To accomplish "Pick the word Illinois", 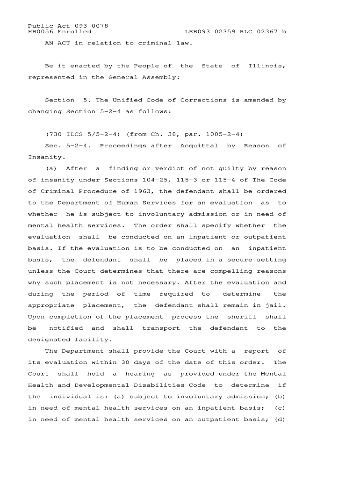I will point(265,66).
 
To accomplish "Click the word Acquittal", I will point(199,145).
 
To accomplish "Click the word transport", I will point(161,328).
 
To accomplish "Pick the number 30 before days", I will point(125,363).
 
